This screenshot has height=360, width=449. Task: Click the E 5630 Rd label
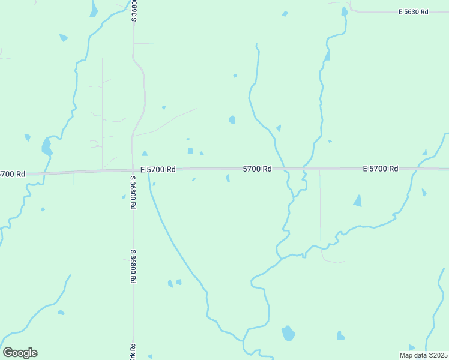[414, 12]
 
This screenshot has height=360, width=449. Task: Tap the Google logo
[20, 353]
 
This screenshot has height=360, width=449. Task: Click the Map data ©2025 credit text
[424, 355]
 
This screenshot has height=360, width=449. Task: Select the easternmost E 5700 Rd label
[381, 169]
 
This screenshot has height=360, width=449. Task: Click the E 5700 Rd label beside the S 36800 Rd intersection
[158, 170]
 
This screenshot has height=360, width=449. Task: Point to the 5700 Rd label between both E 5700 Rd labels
[258, 169]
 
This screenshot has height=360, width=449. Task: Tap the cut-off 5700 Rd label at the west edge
[13, 174]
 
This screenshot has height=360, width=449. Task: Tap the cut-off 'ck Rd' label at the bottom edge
[133, 352]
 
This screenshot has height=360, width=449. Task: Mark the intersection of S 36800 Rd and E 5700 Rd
[133, 171]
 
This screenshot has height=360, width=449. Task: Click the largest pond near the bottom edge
[288, 333]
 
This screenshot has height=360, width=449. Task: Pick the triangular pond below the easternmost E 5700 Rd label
[358, 201]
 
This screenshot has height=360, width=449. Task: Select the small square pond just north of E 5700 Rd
[190, 151]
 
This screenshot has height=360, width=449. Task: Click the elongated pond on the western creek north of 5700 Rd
[46, 145]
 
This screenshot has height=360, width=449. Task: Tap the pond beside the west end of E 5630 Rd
[344, 11]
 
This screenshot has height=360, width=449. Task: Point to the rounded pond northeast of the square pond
[232, 119]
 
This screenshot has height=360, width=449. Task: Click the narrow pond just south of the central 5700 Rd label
[228, 178]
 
